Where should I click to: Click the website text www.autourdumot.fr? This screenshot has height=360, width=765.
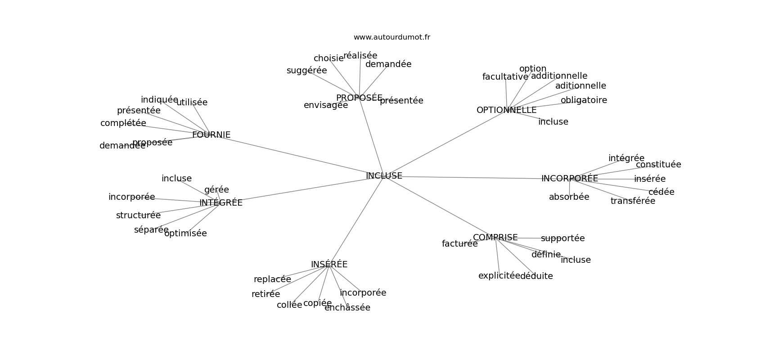[391, 37]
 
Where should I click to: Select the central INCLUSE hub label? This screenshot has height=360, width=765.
[384, 176]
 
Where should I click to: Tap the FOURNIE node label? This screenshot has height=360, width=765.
[211, 135]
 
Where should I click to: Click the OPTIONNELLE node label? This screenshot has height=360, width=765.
[506, 110]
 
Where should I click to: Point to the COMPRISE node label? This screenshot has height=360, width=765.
[495, 238]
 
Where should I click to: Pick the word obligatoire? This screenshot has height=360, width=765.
[584, 100]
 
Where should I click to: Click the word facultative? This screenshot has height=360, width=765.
[505, 77]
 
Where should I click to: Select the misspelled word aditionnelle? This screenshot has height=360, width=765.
[580, 86]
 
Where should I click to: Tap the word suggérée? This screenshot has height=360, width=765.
[306, 71]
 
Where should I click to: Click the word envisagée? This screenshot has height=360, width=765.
[325, 105]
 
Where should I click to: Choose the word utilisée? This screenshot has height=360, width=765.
[192, 103]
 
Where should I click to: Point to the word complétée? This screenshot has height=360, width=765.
[123, 123]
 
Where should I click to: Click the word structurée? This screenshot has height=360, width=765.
[138, 216]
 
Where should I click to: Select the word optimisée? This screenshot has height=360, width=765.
[185, 234]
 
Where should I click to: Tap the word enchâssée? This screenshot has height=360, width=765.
[347, 308]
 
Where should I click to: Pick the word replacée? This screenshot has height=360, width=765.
[272, 279]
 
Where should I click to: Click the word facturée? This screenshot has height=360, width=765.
[459, 244]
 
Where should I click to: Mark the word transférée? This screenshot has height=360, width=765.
[633, 201]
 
